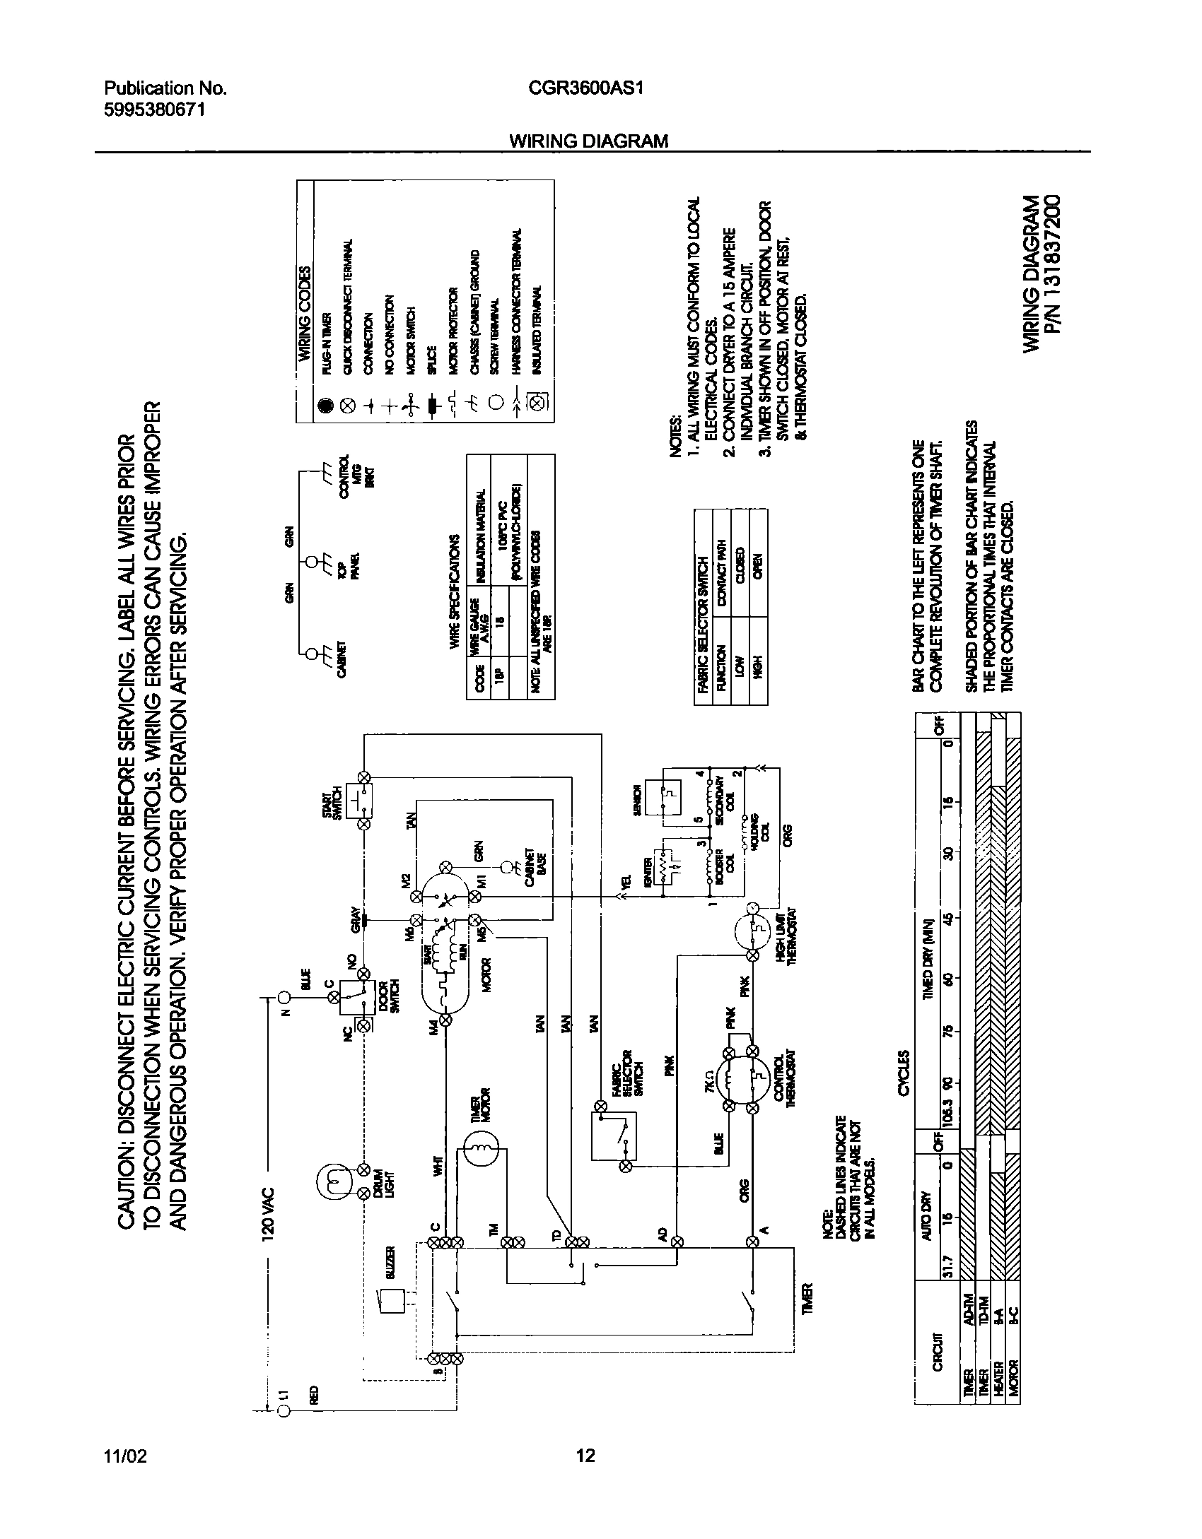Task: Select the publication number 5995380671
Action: tap(155, 110)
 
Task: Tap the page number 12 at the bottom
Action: tap(585, 1456)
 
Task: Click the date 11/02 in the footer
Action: tap(125, 1456)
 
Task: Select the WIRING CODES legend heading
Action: tap(305, 314)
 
